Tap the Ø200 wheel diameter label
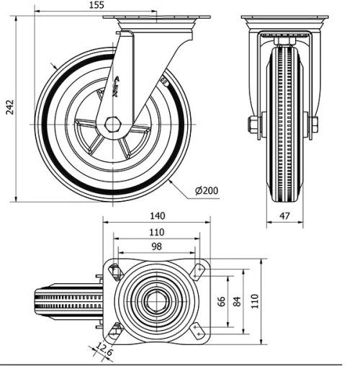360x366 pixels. (x=206, y=191)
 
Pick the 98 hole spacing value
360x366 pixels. (x=156, y=247)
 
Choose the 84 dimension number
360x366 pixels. (x=238, y=300)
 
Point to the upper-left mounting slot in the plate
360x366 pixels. (x=113, y=271)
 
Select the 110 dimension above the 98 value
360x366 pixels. (x=156, y=231)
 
